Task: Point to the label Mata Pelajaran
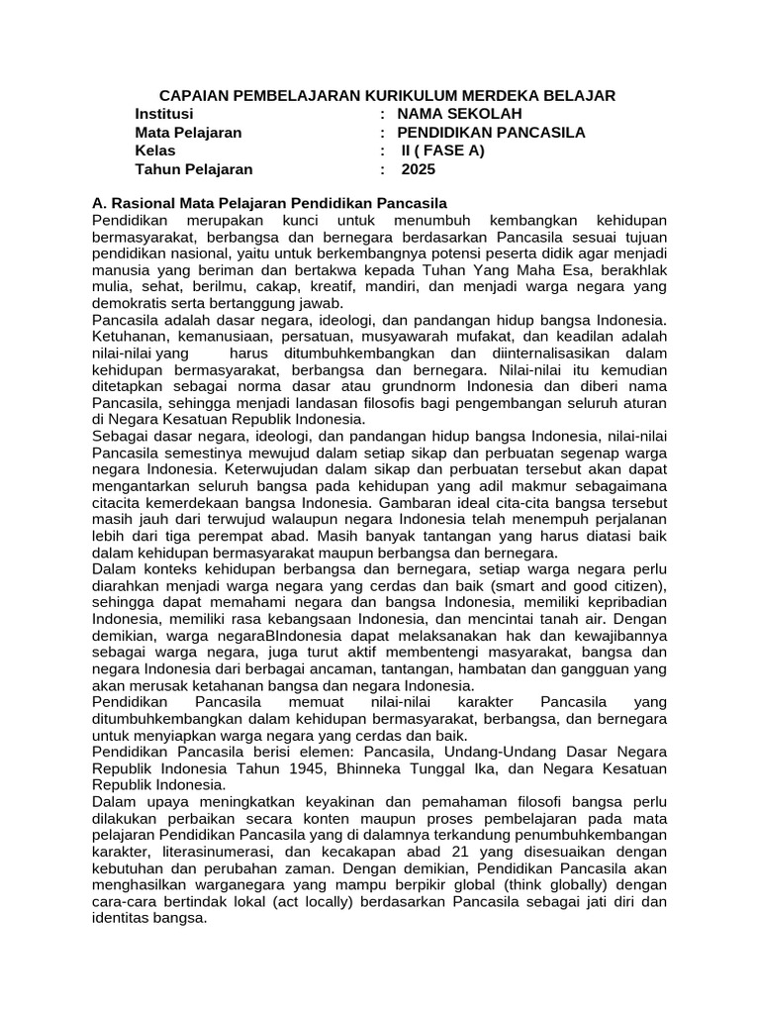coord(188,132)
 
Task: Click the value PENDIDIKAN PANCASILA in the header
coord(491,132)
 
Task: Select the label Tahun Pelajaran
coord(194,169)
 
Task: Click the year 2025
coord(418,169)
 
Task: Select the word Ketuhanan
coord(129,337)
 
